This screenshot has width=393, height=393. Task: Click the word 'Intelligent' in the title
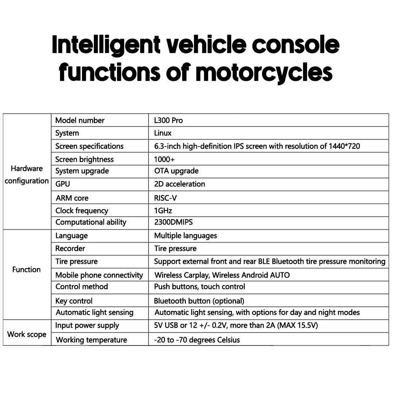tap(106, 45)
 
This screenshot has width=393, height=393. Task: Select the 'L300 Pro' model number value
tap(168, 121)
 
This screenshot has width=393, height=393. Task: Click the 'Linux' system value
tap(163, 133)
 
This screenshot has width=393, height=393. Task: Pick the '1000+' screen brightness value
tap(164, 159)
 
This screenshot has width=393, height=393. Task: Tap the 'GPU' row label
tap(63, 184)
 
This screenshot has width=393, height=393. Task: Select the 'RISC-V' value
tap(165, 198)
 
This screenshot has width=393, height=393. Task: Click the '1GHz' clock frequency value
tap(163, 210)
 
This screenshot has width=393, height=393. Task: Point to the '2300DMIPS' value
tap(174, 222)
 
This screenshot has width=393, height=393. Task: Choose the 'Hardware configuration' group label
tap(27, 175)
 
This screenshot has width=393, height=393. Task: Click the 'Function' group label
tap(26, 270)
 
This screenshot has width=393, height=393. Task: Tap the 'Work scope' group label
tap(27, 335)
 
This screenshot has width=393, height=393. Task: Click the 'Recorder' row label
tap(70, 249)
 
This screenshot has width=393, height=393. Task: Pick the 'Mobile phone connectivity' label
tap(99, 275)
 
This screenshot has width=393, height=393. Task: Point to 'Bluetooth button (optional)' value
tap(199, 301)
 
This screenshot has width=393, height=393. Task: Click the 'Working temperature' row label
tap(91, 340)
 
